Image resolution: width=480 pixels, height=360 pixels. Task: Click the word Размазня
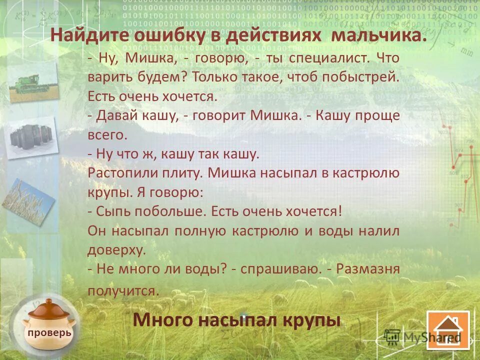pos(368,268)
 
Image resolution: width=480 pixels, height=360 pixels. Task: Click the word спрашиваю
pos(280,268)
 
